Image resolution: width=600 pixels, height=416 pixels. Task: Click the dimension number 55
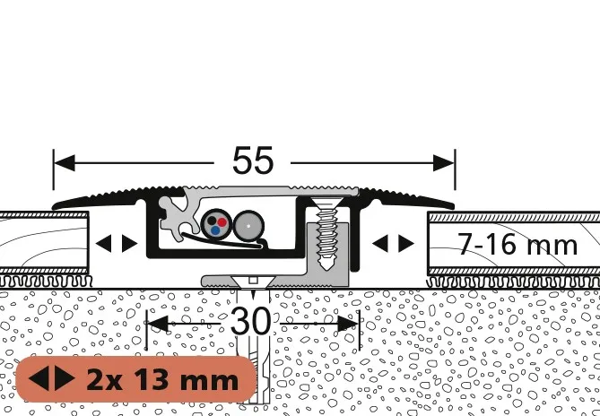[253, 160]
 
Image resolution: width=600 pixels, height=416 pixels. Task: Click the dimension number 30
[250, 321]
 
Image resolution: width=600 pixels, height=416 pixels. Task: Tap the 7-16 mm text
[517, 245]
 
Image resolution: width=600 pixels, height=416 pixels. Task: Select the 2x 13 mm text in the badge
[162, 380]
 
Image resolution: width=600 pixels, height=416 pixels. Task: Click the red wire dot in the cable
[222, 221]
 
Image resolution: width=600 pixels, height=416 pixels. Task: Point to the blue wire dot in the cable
[215, 230]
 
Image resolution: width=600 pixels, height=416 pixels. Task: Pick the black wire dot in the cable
[212, 221]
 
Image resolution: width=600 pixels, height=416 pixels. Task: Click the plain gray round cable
[248, 226]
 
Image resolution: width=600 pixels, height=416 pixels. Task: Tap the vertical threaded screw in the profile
[326, 233]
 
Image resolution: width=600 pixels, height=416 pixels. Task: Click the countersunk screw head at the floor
[253, 282]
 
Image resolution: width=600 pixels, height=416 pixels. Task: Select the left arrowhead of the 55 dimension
[65, 163]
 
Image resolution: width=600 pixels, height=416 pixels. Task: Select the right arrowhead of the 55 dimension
[443, 163]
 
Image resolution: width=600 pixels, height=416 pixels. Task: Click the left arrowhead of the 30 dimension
[158, 324]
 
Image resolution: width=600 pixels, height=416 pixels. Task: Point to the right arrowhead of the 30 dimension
[348, 324]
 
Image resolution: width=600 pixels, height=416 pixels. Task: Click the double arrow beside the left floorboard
[117, 244]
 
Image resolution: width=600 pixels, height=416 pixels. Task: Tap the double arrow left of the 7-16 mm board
[393, 244]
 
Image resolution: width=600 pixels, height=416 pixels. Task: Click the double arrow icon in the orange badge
[52, 378]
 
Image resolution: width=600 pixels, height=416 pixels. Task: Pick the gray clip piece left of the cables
[175, 219]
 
